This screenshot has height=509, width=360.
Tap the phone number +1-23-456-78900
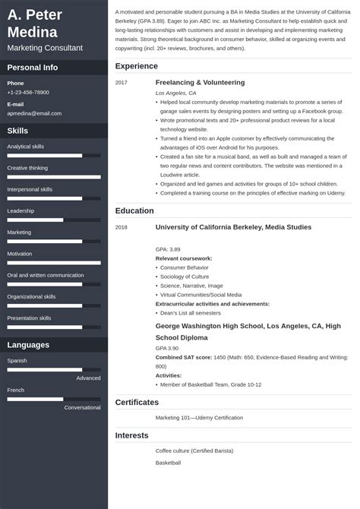tap(28, 92)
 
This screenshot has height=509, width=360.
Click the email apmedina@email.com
tap(34, 113)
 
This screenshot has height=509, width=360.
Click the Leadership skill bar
tap(54, 220)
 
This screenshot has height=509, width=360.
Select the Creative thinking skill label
tap(27, 168)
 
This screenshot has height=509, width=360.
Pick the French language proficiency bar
tap(54, 398)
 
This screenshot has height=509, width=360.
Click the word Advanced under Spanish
tap(88, 378)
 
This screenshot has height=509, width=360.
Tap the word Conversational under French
tap(82, 407)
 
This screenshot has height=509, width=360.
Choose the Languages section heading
tap(29, 345)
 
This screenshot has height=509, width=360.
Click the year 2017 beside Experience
tap(122, 82)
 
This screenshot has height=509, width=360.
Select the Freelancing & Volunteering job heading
tap(200, 82)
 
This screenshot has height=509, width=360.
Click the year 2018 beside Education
tap(122, 227)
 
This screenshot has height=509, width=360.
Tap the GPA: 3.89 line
tap(168, 248)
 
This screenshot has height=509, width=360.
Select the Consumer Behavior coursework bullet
tap(185, 267)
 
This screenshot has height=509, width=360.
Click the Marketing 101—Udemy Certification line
tap(199, 417)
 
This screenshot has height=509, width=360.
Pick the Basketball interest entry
tap(168, 463)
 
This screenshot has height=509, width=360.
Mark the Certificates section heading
tap(137, 402)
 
